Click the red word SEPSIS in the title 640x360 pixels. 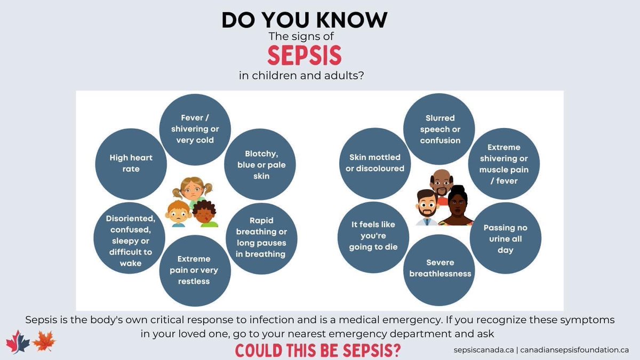305,55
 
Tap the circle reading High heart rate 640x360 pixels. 131,163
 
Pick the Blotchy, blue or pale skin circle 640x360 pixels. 261,164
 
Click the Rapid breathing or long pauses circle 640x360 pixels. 261,237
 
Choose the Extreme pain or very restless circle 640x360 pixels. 194,269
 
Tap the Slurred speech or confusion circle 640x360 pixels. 440,129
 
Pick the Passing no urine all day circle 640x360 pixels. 505,238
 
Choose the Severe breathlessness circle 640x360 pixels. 441,268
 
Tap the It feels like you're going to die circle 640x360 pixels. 373,236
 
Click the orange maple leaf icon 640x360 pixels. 44,341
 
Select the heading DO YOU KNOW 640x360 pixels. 305,20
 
